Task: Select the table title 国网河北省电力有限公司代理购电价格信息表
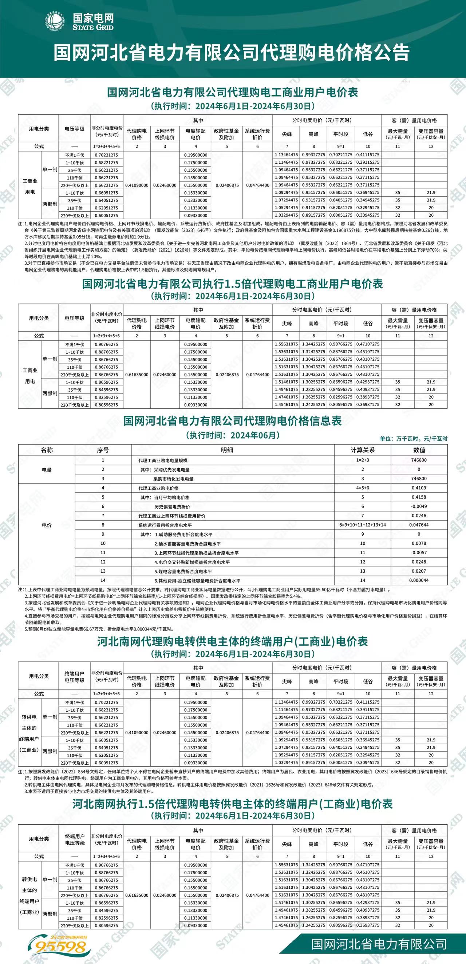point(233,421)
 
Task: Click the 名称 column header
point(47,450)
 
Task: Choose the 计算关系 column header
point(362,450)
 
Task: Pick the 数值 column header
point(419,450)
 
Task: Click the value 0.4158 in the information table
point(419,497)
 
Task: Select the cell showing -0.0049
point(419,506)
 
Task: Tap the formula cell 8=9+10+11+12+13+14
point(362,525)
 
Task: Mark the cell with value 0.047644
point(419,525)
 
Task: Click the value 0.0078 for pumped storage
point(419,543)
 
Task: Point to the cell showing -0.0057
point(419,553)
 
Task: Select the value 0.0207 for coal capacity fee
point(419,571)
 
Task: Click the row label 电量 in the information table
point(47,470)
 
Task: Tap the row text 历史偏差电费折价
point(172,507)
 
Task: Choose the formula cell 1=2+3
point(362,460)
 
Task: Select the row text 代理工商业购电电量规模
point(163,461)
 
